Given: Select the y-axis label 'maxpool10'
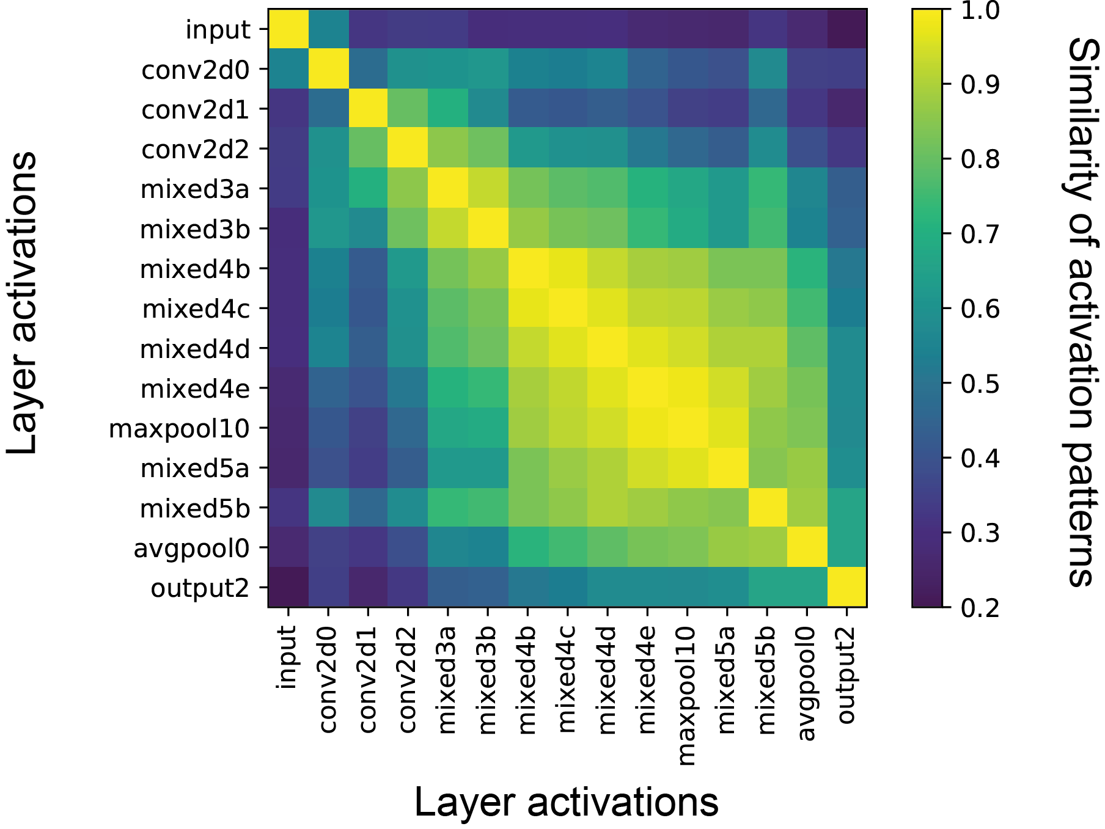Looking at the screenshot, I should coord(179,429).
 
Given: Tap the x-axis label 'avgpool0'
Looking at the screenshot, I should coord(807,683).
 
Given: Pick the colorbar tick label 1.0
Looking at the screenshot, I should coord(980,10).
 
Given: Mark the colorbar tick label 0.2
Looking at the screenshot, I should coord(980,608).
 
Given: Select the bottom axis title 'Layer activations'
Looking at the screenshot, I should coord(566,802).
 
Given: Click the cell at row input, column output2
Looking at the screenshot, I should coord(846,29).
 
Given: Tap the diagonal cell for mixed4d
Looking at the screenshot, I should coord(607,348).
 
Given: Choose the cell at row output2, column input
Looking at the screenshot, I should coord(288,587).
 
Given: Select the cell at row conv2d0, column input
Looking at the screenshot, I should coord(288,69).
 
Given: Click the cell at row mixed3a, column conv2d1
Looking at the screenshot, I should coord(368,189).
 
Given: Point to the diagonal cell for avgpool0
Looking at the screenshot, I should coord(807,547).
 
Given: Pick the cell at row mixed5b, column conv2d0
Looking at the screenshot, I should coord(328,508).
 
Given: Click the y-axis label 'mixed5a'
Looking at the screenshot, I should coord(195,469).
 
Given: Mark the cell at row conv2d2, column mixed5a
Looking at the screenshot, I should coord(727,149).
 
